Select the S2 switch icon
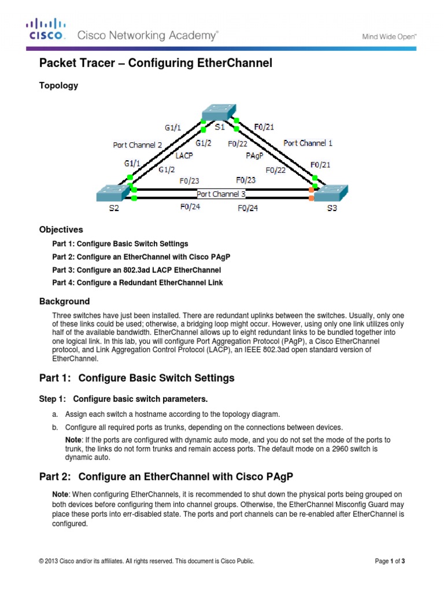113,193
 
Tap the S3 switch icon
331,193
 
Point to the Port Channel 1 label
308,143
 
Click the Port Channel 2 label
137,145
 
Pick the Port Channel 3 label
221,194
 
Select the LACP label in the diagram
184,155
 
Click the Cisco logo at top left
46,29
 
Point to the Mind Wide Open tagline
389,36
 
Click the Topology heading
58,86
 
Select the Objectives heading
61,230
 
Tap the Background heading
64,301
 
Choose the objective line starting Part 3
136,270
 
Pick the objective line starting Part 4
138,283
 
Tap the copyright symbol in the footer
41,561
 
